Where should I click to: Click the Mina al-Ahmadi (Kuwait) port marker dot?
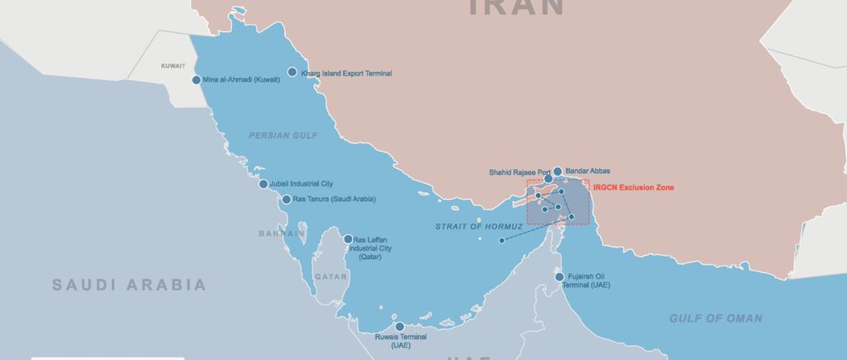click(x=196, y=80)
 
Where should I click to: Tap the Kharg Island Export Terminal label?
click(x=346, y=73)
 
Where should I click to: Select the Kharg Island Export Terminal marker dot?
click(x=292, y=72)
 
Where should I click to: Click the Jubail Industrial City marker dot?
click(x=263, y=183)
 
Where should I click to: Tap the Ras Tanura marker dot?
click(x=286, y=199)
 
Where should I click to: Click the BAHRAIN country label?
click(x=282, y=233)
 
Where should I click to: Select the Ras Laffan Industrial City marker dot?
click(x=348, y=239)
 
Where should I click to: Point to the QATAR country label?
click(x=331, y=277)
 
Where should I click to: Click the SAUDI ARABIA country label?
click(x=129, y=285)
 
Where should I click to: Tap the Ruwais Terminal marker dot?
click(x=400, y=326)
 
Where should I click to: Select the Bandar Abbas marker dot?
click(x=558, y=171)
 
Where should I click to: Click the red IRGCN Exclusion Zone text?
click(x=633, y=188)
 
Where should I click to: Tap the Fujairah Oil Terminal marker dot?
click(x=559, y=277)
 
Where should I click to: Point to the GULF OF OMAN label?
click(x=715, y=318)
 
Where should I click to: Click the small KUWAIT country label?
click(x=173, y=66)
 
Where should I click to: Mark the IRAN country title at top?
click(x=516, y=7)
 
